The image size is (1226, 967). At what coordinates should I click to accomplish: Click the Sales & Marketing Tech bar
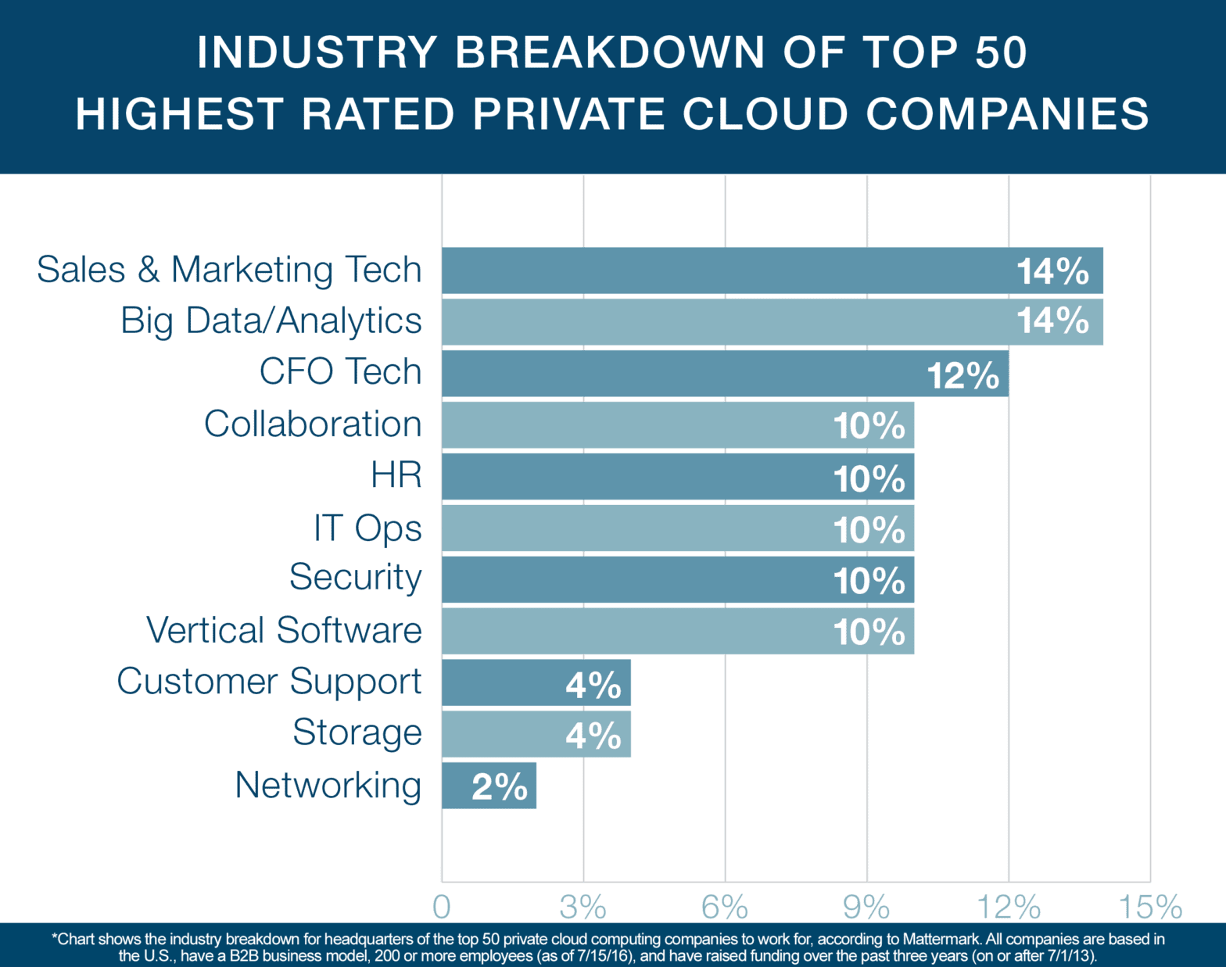727,270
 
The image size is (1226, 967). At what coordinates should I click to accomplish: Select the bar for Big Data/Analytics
727,322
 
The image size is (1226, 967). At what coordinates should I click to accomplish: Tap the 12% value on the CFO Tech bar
963,375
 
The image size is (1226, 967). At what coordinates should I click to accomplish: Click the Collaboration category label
313,424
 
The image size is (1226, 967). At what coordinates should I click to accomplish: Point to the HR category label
396,475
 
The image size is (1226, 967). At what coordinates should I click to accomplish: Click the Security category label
356,578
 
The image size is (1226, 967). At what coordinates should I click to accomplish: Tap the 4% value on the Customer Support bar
593,686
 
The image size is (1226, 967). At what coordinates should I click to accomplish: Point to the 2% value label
500,787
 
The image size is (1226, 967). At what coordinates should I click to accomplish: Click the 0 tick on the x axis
442,908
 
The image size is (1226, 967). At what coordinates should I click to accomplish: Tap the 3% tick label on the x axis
583,908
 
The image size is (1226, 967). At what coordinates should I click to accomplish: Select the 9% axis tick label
866,908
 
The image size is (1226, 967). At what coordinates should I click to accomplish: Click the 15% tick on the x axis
1150,908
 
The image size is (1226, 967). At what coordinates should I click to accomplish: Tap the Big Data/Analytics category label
271,321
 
